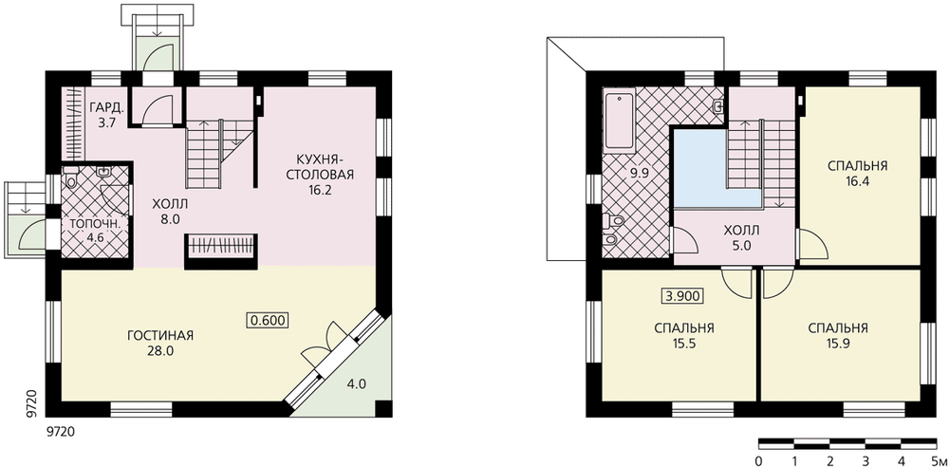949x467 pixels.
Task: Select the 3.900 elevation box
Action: coord(682,296)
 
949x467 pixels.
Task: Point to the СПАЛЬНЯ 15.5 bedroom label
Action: coord(684,336)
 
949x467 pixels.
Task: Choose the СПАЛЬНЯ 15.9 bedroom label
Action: coord(838,336)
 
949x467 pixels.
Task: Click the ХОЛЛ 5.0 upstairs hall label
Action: coord(741,237)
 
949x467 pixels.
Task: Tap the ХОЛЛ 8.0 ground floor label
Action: coord(170,211)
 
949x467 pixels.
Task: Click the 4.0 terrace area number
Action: coord(356,383)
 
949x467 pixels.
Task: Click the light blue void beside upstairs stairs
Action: coord(702,169)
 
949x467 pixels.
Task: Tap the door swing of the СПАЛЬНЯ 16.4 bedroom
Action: coord(813,245)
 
